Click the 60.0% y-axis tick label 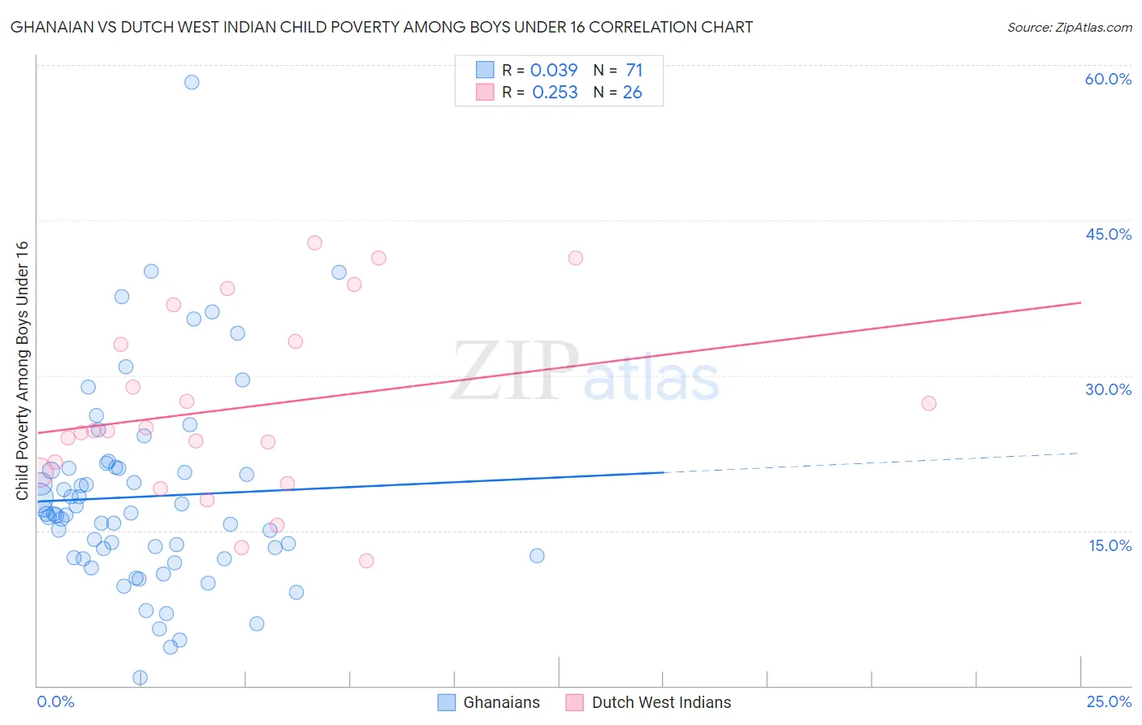(x=1108, y=79)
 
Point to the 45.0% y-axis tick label (x=1108, y=234)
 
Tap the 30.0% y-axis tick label (x=1108, y=389)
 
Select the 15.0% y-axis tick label (x=1110, y=545)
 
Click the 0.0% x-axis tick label (x=55, y=701)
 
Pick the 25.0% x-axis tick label (x=1109, y=701)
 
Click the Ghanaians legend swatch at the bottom (x=447, y=702)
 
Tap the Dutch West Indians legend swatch (x=575, y=702)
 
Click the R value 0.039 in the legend (x=554, y=71)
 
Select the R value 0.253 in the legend (x=555, y=93)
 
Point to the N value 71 (x=634, y=71)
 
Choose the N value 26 (x=632, y=93)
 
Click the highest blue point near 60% (x=192, y=82)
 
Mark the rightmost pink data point (x=929, y=403)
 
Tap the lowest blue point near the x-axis (x=140, y=678)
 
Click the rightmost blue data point (x=537, y=556)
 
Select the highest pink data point (x=314, y=243)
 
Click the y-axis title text (x=22, y=371)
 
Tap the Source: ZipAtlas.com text (x=1069, y=27)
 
